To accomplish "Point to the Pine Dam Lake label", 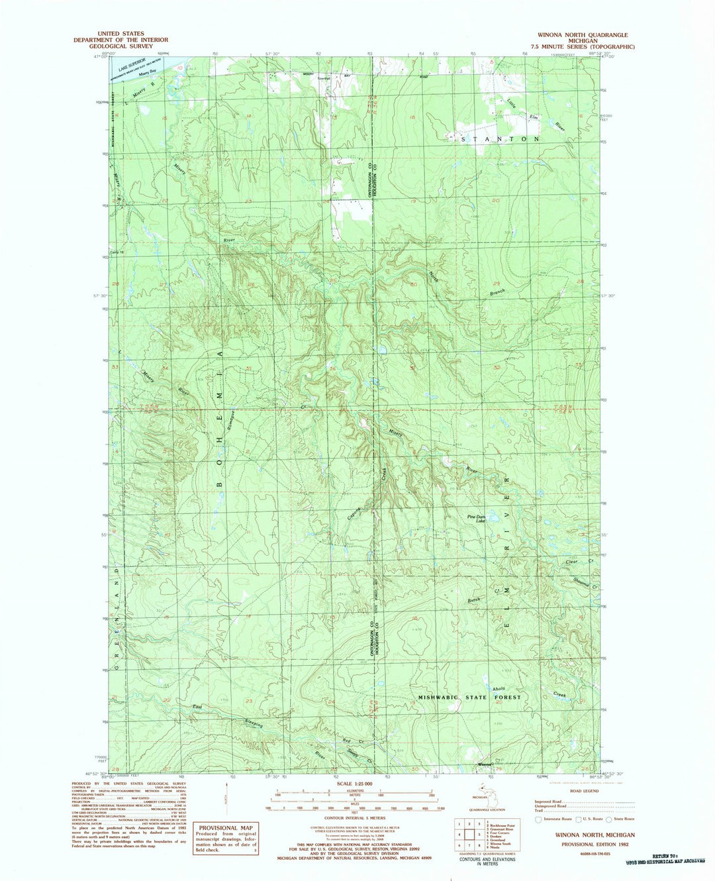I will click(477, 519).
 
